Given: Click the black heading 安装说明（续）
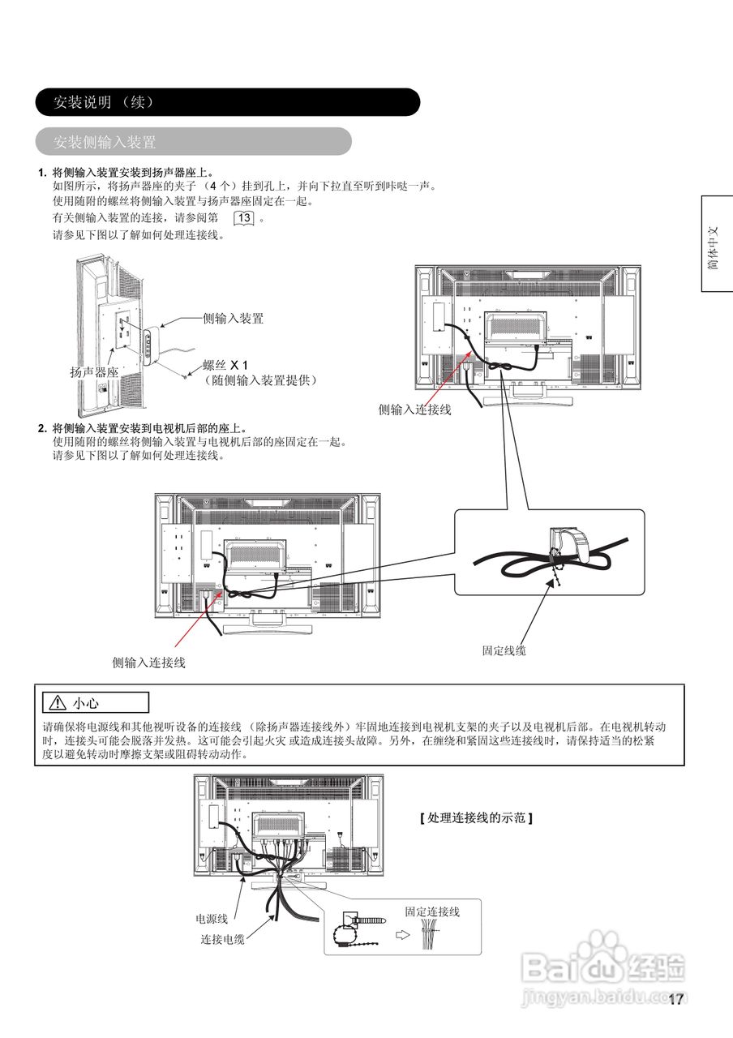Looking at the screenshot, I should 103,102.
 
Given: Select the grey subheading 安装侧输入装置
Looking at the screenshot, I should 105,142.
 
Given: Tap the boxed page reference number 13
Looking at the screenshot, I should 244,218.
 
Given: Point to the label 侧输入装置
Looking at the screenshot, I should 233,319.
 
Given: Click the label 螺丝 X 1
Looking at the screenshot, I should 225,364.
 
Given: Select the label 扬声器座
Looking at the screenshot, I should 94,372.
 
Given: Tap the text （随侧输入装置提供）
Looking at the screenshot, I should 259,380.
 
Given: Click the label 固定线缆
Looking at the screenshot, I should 504,650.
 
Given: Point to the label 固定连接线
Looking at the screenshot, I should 432,911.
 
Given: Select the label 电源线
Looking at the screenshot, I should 212,920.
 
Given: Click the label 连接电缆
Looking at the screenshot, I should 222,939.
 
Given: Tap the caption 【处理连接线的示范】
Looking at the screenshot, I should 476,818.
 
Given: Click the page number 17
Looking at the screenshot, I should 675,999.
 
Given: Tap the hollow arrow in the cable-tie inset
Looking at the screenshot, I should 401,934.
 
